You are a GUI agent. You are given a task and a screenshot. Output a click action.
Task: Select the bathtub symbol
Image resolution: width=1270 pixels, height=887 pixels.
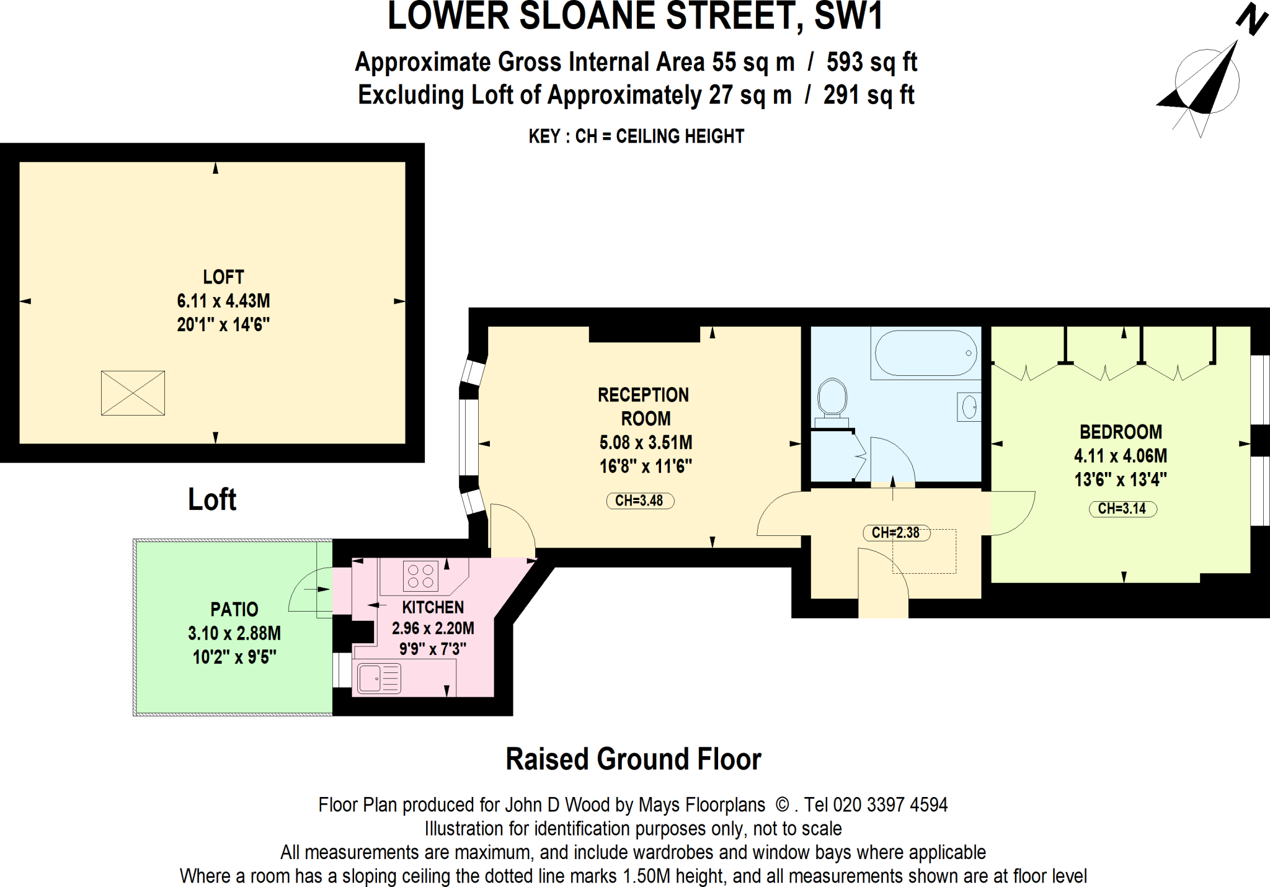pos(925,353)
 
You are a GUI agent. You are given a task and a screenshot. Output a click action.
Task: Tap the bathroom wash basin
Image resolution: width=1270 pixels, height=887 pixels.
pos(969,408)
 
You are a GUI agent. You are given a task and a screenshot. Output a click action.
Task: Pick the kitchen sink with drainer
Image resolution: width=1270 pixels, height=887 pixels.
pos(379,678)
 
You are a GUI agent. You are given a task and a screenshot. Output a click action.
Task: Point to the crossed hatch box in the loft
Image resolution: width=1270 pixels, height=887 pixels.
pos(133,393)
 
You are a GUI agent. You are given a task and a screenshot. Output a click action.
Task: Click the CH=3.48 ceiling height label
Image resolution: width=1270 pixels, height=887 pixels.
pos(639,501)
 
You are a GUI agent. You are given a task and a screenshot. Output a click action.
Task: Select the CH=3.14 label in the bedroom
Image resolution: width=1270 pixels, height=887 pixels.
pos(1122,509)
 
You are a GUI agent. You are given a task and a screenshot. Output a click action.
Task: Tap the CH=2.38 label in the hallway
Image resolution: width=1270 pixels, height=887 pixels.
pos(895,532)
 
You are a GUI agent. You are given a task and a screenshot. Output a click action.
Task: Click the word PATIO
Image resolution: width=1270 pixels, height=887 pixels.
pos(234,609)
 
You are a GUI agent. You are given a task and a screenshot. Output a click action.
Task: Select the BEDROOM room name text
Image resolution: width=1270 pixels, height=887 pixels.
pos(1121,432)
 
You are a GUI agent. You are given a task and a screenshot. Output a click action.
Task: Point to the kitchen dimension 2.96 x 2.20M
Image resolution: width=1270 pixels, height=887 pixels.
pos(433,628)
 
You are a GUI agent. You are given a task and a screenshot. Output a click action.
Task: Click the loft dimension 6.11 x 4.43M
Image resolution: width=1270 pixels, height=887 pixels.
pos(223,301)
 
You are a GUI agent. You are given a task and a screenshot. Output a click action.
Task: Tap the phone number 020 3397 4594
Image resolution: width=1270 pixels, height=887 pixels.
pos(890,805)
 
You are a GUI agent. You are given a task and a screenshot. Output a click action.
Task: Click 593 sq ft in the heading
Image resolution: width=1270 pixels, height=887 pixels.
pos(871,62)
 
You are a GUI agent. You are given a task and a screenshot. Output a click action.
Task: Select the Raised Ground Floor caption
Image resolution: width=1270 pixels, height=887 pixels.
pos(633,759)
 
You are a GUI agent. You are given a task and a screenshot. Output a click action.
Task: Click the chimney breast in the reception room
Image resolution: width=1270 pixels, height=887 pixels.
pos(644,334)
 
